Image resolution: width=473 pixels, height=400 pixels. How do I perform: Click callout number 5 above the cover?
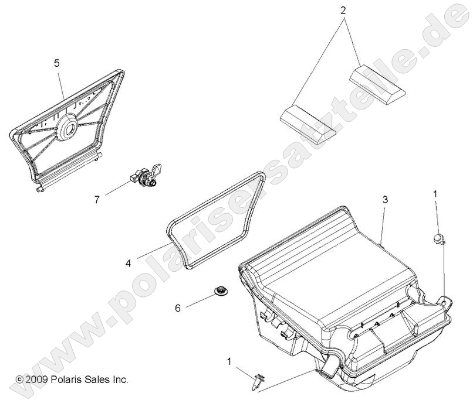point(57,63)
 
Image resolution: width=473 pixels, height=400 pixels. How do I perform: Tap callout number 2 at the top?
point(343,10)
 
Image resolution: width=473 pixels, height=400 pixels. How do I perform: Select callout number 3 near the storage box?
point(385,200)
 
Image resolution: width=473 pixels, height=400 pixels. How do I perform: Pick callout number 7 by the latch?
point(98,199)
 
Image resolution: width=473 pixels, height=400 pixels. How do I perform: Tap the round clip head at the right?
point(438,238)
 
